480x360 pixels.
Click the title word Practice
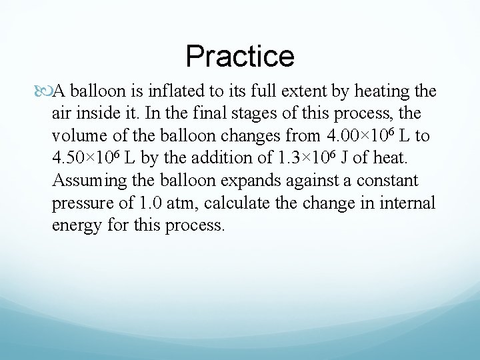pos(240,56)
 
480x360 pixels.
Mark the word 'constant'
pos(387,181)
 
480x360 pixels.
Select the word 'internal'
pos(408,203)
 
